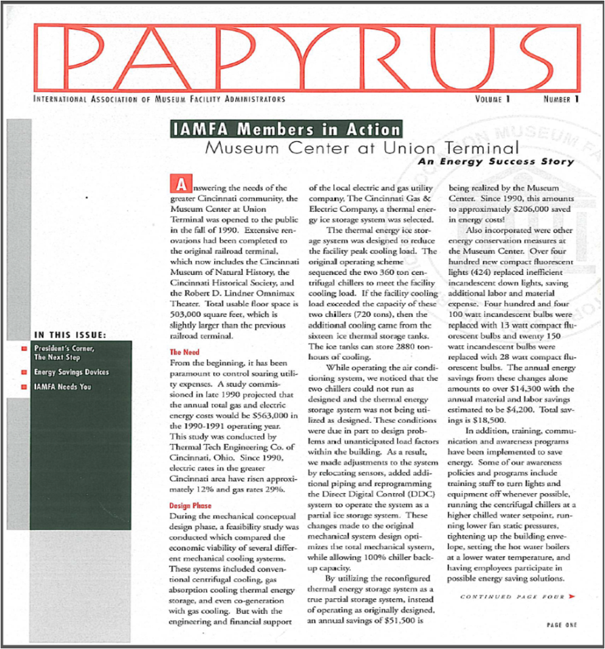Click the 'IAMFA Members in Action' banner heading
coord(285,130)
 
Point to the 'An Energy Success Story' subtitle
coord(495,161)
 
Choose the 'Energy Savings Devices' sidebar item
coord(72,372)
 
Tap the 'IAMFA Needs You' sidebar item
coord(64,387)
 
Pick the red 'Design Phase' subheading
coord(191,505)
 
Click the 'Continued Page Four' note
coord(508,597)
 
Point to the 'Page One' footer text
coord(561,625)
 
